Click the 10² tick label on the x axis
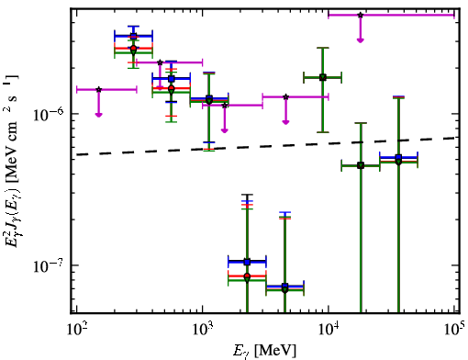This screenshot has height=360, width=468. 76,331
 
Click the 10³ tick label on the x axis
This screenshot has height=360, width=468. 202,331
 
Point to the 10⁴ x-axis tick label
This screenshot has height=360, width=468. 329,331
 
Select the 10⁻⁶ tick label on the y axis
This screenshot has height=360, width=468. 49,114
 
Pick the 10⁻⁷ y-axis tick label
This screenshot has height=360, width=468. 49,265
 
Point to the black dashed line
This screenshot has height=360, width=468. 266,146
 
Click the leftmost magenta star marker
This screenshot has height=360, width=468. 98,89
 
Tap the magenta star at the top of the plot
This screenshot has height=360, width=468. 361,15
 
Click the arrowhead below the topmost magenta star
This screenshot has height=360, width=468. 361,40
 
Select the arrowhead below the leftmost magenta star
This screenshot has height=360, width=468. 98,115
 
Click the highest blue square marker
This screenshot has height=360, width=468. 133,36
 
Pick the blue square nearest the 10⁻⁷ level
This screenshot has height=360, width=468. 247,262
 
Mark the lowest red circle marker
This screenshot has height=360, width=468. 247,276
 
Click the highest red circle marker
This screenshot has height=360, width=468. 133,48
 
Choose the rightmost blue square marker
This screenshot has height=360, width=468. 398,157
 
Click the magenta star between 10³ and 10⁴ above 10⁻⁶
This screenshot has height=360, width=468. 285,96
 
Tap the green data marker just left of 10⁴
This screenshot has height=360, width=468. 323,77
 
